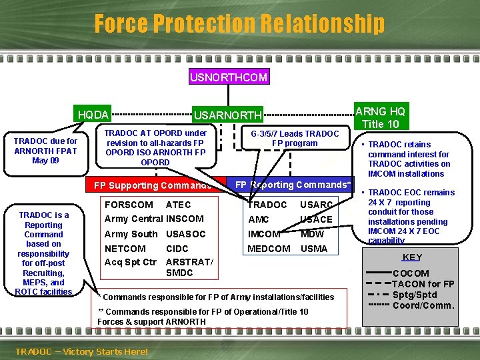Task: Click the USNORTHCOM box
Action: (229, 77)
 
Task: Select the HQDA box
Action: (93, 115)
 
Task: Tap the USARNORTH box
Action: (227, 115)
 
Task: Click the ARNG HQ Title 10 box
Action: (379, 117)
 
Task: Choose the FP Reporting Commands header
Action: (293, 185)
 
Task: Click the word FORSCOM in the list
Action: (129, 205)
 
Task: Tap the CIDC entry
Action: (177, 249)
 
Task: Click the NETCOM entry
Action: (125, 249)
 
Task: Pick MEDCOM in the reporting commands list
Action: (269, 249)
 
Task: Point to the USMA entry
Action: (314, 249)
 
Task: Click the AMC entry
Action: (258, 219)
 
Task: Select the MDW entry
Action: (312, 234)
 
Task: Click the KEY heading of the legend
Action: (413, 257)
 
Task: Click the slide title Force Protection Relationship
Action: (239, 24)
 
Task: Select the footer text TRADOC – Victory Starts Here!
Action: (81, 351)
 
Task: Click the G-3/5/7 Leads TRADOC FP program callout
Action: (294, 139)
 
